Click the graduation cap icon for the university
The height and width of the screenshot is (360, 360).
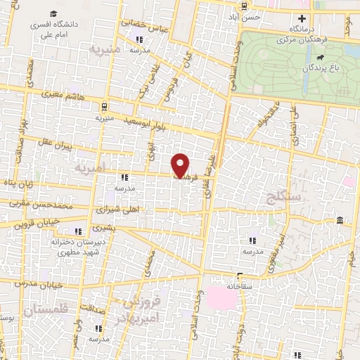pyautogui.click(x=54, y=13)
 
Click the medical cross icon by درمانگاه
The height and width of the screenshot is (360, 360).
pyautogui.click(x=302, y=18)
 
